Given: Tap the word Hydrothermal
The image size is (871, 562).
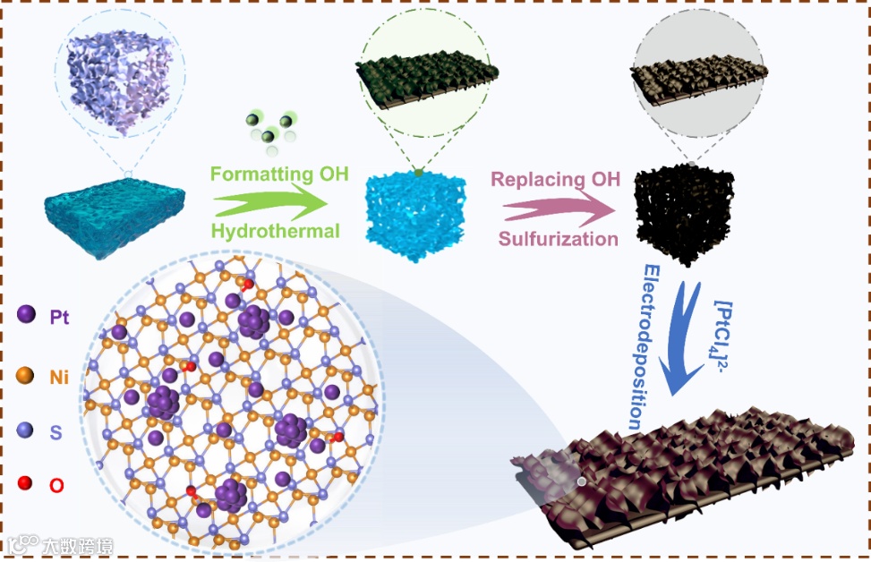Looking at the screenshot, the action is (x=276, y=231).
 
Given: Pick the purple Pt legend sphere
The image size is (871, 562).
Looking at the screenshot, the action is (x=27, y=314).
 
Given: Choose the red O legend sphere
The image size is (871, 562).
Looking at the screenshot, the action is (x=27, y=484).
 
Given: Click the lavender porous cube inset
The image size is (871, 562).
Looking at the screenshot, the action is (x=116, y=76).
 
